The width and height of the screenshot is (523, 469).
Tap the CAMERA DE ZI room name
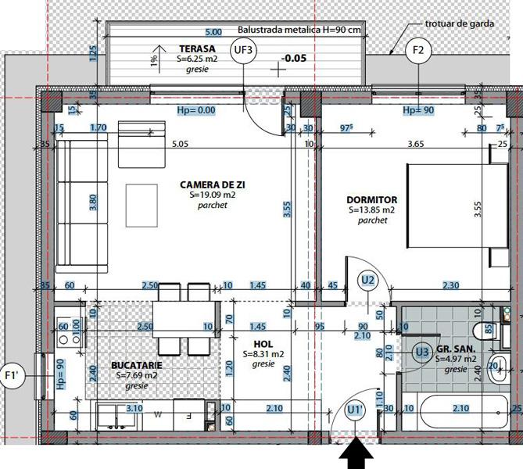point(207,184)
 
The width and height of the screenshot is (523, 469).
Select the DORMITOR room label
point(372,200)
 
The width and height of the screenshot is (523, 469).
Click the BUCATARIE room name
point(137,365)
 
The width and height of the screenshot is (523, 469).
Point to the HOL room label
point(263,344)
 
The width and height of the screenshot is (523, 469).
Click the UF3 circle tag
point(244,51)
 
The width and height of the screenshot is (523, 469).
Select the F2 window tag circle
point(418,51)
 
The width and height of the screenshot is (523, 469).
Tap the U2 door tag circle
point(367,279)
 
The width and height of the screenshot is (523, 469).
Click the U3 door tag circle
point(422,353)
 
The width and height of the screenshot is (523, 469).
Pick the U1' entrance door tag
point(355,409)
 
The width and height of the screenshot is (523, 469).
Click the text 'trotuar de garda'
point(459,23)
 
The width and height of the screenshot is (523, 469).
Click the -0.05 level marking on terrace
point(293,58)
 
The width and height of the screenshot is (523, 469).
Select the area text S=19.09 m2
point(207,195)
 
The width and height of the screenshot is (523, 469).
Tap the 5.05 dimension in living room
point(181,144)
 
